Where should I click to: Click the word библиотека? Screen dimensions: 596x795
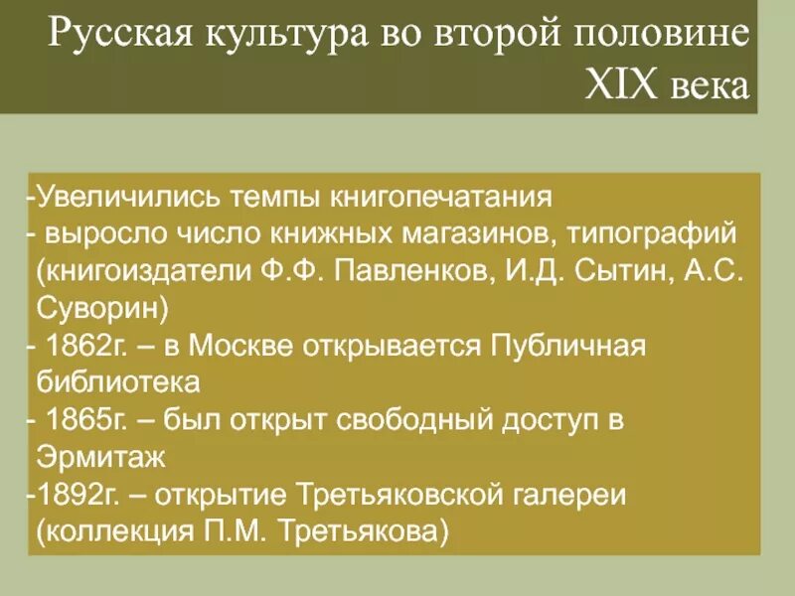pos(118,381)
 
